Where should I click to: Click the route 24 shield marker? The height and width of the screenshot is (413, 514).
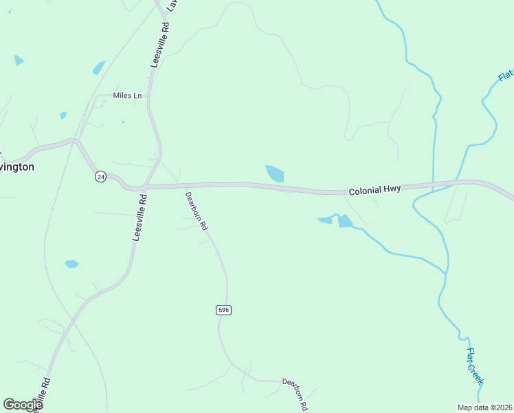(100, 177)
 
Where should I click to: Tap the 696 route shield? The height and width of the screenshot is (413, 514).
(223, 310)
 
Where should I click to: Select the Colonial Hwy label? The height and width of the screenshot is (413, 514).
(375, 190)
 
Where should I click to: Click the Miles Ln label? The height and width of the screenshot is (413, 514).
(127, 96)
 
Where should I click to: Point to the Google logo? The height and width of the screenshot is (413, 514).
(23, 405)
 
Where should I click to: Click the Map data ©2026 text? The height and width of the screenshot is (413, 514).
(485, 407)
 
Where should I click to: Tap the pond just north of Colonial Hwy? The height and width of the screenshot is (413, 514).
(275, 173)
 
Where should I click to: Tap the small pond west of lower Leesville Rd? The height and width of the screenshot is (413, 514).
(71, 264)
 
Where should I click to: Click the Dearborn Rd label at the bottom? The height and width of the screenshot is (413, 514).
(294, 393)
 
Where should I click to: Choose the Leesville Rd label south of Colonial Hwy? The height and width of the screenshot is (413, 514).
(139, 217)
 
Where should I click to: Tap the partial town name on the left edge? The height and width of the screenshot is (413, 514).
(16, 167)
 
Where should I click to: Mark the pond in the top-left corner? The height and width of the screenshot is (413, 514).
(19, 61)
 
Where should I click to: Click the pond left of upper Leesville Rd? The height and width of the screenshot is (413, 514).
(99, 68)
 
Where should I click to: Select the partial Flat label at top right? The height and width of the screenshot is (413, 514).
(506, 75)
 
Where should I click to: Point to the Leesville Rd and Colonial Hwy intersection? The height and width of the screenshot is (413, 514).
(144, 187)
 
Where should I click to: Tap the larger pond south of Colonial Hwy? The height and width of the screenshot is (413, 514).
(344, 221)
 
